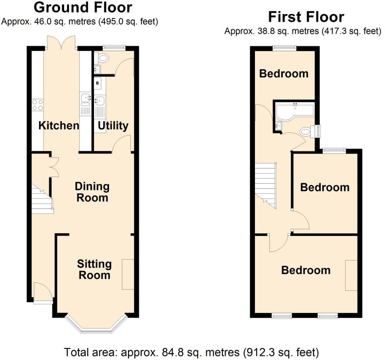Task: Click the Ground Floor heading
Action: point(83,8)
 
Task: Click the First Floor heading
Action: point(306,17)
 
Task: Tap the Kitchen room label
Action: point(59,125)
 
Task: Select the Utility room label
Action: point(113,126)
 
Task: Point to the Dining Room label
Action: point(92,192)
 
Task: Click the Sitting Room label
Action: point(94,269)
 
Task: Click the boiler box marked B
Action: point(97,83)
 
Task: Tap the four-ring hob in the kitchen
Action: point(38,105)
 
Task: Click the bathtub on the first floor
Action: point(294,111)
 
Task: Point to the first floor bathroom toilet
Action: point(306,131)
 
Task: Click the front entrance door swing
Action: point(43,292)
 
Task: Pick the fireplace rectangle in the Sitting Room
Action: point(128,274)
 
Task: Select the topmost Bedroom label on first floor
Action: point(283,74)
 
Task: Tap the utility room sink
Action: point(99,101)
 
